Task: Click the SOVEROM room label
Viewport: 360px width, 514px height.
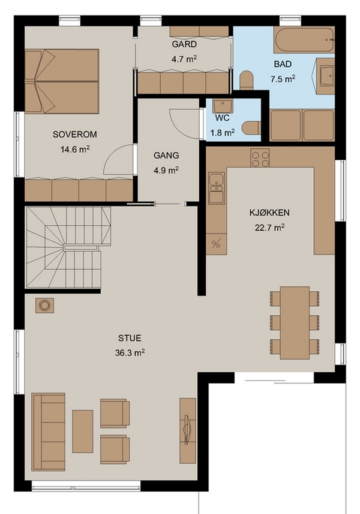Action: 74,135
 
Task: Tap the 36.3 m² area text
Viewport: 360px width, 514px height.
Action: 130,352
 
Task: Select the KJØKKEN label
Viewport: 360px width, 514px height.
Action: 269,213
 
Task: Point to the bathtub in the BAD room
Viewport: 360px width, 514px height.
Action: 304,40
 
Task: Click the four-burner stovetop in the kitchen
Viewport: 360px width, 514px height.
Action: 260,158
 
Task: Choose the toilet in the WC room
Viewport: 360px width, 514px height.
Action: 252,127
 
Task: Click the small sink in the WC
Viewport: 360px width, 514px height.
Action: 223,106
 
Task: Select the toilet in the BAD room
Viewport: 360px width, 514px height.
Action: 247,80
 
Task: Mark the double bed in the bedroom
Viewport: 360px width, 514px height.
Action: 62,81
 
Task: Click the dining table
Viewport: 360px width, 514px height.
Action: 295,323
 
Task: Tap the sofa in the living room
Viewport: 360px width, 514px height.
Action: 49,432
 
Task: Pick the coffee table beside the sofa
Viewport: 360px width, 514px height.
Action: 83,431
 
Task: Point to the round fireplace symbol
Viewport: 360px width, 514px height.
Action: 44,306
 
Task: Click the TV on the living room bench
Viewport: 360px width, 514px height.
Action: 187,429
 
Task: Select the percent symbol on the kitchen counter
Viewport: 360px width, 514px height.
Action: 216,244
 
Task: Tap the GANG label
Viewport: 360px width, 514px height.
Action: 166,156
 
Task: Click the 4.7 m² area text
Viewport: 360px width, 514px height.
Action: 184,59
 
